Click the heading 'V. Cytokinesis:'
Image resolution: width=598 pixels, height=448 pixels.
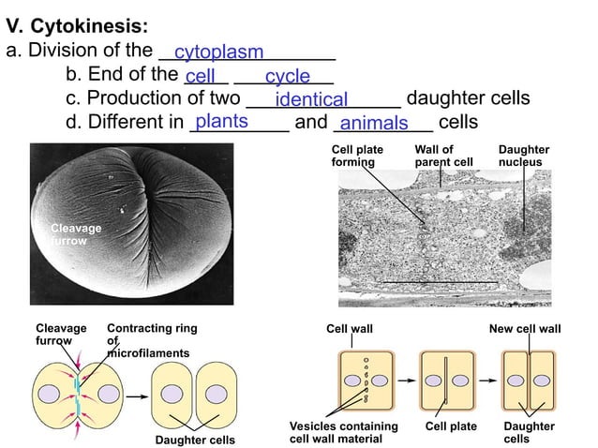click(76, 25)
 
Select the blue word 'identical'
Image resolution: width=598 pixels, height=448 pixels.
click(311, 99)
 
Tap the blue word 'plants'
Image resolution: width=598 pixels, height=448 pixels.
click(221, 121)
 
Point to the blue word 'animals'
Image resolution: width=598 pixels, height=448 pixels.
click(374, 124)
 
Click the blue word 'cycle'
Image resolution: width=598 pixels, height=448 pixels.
click(287, 76)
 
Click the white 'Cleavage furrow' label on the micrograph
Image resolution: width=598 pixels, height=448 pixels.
click(76, 234)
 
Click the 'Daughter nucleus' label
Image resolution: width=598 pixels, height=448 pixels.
click(524, 156)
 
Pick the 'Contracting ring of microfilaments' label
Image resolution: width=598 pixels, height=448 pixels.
click(152, 340)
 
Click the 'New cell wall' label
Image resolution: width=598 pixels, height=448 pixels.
click(525, 329)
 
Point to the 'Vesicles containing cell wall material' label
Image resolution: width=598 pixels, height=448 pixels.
click(344, 432)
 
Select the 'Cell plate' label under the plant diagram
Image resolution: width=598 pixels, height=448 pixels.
click(451, 426)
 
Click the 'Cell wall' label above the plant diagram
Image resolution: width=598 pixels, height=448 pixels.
click(349, 329)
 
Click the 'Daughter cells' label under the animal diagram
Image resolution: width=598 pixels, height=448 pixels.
click(196, 440)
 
